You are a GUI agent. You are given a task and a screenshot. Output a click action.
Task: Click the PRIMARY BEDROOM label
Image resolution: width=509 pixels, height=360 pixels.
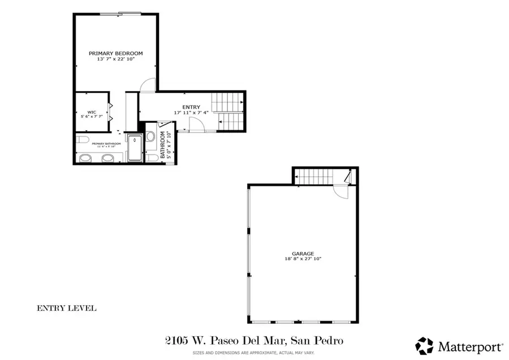tap(116, 53)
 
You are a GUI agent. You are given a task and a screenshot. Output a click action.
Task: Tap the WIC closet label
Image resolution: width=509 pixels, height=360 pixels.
tap(91, 112)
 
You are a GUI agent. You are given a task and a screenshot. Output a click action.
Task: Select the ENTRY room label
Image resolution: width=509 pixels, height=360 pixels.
tap(191, 107)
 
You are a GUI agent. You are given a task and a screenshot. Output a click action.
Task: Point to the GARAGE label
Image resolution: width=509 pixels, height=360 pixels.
tap(303, 254)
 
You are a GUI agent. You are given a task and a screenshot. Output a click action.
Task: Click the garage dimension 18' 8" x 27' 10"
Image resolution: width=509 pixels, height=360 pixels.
tap(303, 259)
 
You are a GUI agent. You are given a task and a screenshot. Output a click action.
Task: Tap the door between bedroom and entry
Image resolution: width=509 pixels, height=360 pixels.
tap(147, 85)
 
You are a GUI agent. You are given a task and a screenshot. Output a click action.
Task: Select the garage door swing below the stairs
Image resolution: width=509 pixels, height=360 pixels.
tap(341, 191)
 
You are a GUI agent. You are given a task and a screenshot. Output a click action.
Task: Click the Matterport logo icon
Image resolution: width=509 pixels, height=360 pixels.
tap(424, 345)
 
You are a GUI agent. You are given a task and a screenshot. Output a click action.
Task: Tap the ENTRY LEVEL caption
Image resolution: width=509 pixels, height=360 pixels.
tap(66, 308)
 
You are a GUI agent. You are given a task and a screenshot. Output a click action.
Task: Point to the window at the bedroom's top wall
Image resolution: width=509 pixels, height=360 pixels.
tap(130, 13)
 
